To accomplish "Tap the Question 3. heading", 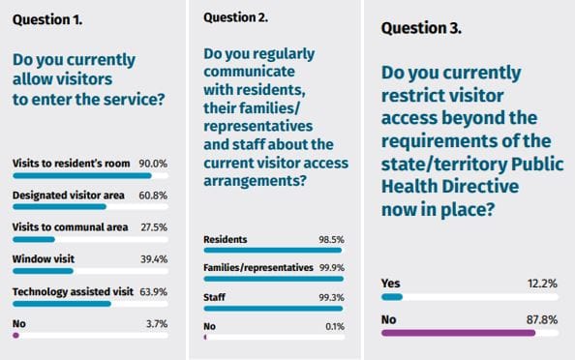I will (x=421, y=27).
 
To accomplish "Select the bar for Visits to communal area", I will (x=34, y=238).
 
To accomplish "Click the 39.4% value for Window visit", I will (x=154, y=258).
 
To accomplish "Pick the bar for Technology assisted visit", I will (x=62, y=303).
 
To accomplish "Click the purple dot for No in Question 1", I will (x=15, y=335).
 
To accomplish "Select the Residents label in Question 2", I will (x=226, y=237).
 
